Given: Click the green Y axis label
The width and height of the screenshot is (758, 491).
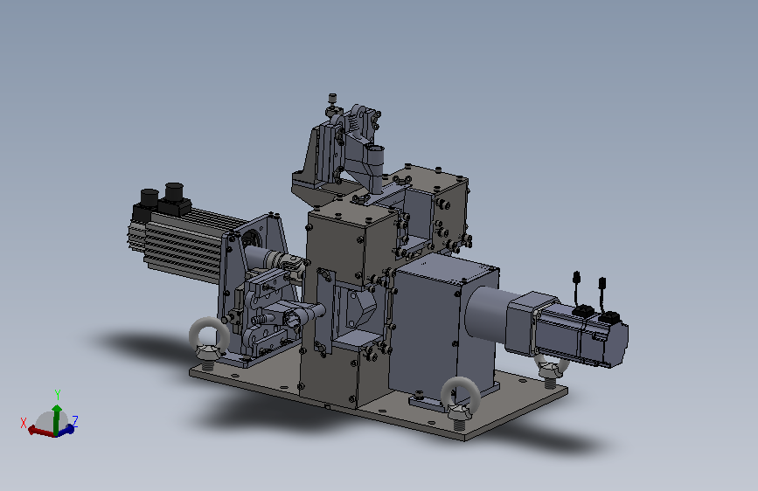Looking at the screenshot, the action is pos(58,395).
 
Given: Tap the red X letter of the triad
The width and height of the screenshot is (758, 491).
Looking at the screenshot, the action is pos(24,424).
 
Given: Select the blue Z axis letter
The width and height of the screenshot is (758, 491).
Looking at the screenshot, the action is pos(75,420).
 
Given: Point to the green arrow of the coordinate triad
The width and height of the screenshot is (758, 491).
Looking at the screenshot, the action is pos(57,419).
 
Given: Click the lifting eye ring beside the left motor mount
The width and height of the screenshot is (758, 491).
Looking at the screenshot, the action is pos(209,339).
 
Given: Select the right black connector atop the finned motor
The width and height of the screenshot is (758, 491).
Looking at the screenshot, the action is pos(174,193).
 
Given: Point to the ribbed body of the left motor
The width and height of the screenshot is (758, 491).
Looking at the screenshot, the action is pos(179,244).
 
